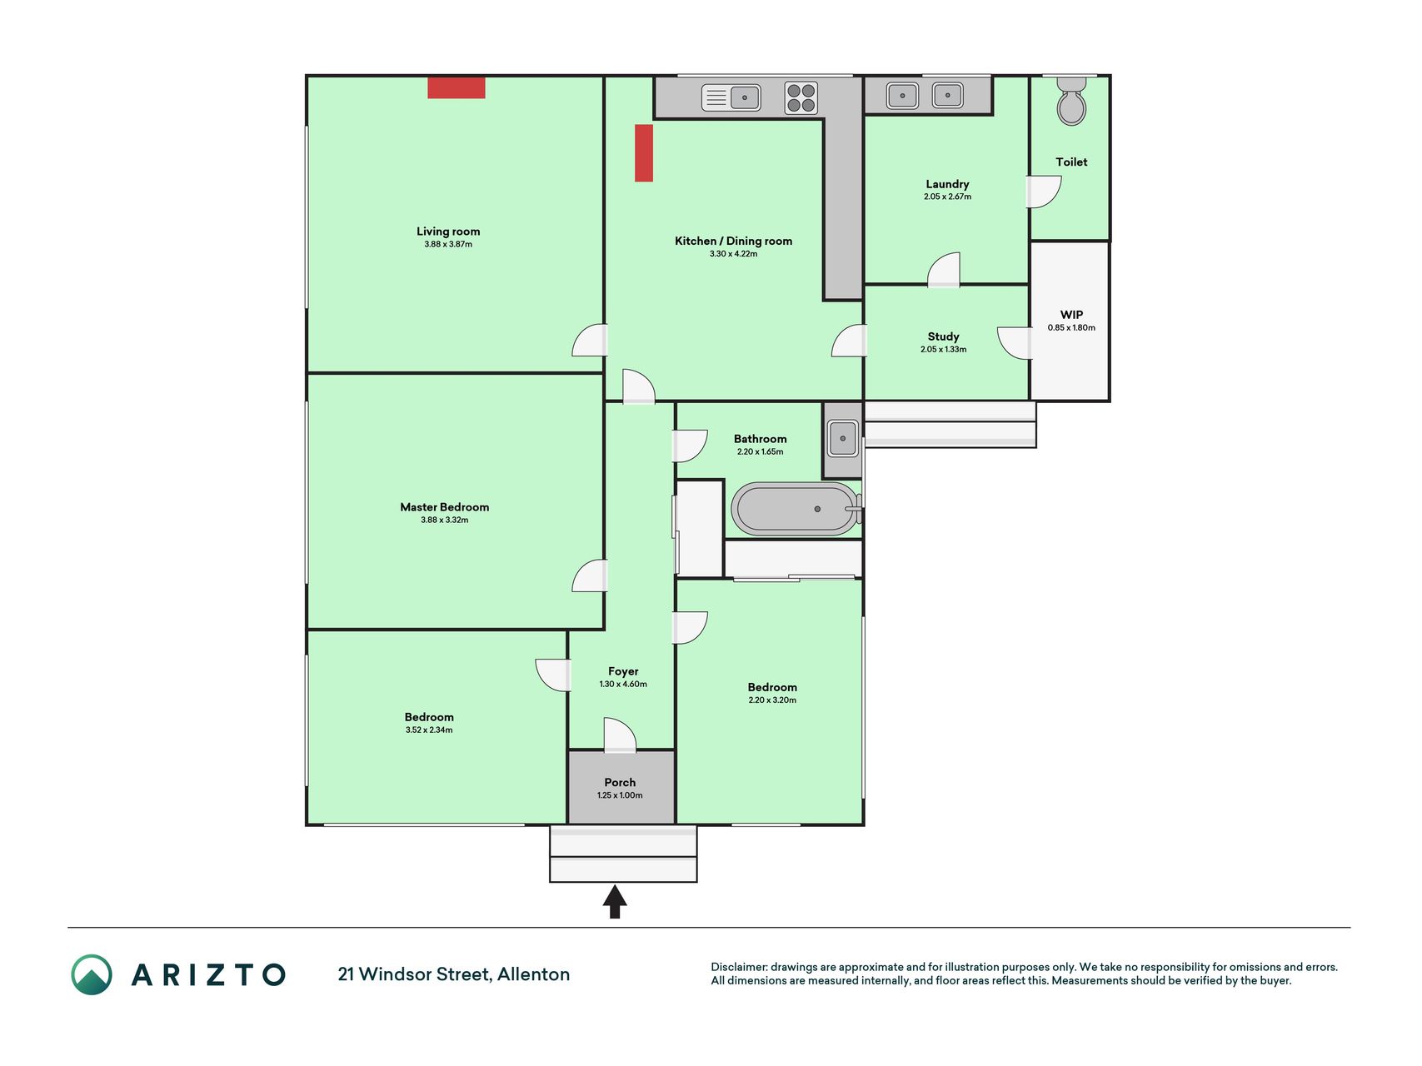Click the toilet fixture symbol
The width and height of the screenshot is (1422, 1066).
click(1071, 101)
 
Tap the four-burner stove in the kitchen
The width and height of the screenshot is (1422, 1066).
click(801, 97)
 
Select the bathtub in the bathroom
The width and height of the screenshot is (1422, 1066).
click(796, 509)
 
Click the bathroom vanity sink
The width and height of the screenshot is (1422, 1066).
click(843, 438)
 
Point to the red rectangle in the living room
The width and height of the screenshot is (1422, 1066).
click(457, 87)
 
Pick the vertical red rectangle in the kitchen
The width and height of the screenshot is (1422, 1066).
click(644, 153)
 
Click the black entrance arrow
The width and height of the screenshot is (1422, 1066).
click(615, 902)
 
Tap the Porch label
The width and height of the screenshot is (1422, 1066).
click(620, 782)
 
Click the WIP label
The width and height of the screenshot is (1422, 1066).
click(1071, 315)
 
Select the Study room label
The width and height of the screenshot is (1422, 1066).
click(944, 336)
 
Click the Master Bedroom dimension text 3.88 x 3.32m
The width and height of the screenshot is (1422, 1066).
click(445, 520)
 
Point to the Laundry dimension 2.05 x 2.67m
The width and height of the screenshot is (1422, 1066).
click(947, 197)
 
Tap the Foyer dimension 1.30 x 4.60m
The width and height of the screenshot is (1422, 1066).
click(623, 684)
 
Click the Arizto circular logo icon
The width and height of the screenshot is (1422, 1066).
click(92, 974)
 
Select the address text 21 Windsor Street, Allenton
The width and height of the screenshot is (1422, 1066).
click(454, 974)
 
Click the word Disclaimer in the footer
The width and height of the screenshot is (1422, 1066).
click(739, 967)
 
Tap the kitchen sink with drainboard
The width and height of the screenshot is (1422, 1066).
click(731, 97)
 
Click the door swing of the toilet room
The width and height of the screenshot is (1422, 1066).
click(1044, 192)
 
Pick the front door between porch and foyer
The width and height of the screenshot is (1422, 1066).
click(620, 735)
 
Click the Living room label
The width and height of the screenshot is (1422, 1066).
click(448, 232)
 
